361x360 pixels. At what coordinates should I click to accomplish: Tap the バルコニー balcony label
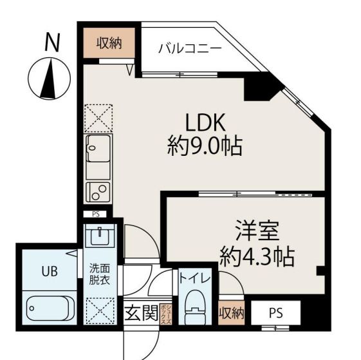pyautogui.click(x=190, y=48)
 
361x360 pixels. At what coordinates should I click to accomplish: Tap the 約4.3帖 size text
pyautogui.click(x=256, y=257)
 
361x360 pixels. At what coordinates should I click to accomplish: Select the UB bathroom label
pyautogui.click(x=49, y=271)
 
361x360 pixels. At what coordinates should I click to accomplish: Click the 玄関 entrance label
pyautogui.click(x=140, y=314)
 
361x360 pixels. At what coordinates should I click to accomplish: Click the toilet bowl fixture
pyautogui.click(x=193, y=308)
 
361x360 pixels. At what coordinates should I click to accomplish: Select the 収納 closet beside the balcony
pyautogui.click(x=110, y=43)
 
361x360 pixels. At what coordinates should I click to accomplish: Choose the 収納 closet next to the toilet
pyautogui.click(x=231, y=314)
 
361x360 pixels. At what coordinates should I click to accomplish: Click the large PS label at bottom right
pyautogui.click(x=275, y=314)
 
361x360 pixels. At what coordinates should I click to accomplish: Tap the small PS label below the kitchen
pyautogui.click(x=96, y=214)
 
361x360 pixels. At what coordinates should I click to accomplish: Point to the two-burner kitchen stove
pyautogui.click(x=98, y=190)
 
